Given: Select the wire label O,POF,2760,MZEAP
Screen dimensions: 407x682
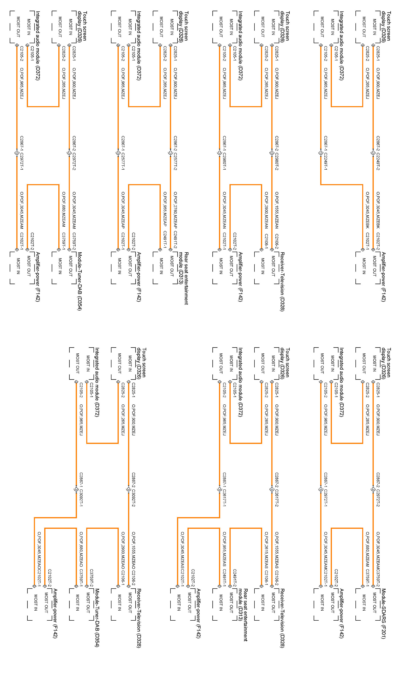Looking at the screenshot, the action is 175,210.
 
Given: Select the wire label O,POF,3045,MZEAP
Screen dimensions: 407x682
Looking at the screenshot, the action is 123,210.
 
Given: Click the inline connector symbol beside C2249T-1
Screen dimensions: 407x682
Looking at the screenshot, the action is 321,152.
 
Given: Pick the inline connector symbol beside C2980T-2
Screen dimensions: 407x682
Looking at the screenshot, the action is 272,152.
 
